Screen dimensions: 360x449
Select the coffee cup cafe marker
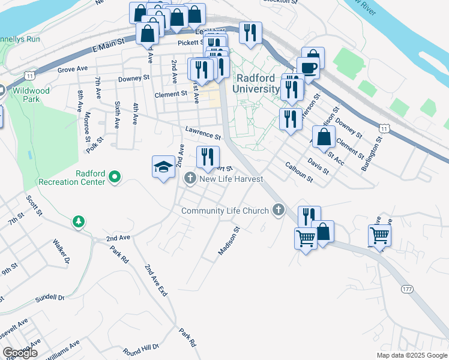pos(308,67)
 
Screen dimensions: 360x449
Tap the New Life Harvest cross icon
pos(190,178)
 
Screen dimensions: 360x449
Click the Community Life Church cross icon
pos(277,210)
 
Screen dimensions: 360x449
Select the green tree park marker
pos(78,222)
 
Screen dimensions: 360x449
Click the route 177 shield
pos(407,289)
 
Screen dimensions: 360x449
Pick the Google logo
pos(20,353)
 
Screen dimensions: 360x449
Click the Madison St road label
pos(229,240)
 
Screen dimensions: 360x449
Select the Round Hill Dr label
pos(140,348)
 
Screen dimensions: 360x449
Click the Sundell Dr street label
pos(49,297)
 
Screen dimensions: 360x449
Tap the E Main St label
pos(108,43)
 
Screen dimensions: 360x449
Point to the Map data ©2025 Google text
pos(412,355)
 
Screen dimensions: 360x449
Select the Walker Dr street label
pos(61,251)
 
